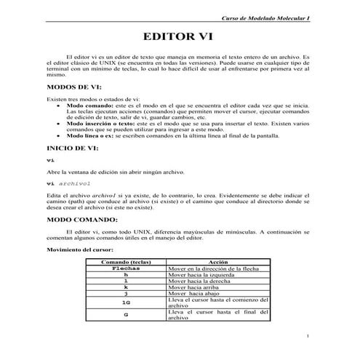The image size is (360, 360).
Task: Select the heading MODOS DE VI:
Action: coord(78,86)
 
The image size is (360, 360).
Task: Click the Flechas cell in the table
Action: coord(125,268)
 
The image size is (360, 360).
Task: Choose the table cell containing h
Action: coord(125,274)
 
